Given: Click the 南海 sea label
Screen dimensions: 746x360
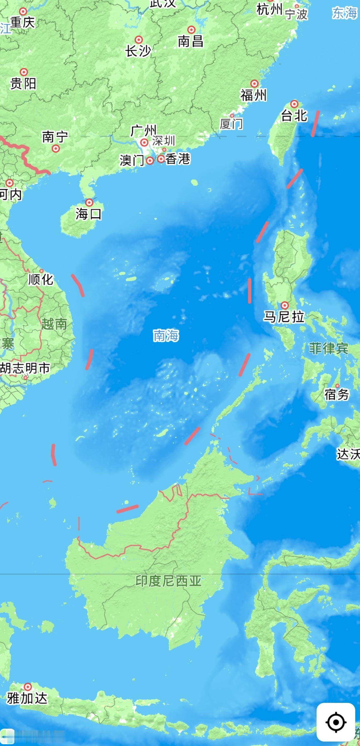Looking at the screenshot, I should click(166, 335).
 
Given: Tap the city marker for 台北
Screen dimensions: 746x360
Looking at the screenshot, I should click(294, 104).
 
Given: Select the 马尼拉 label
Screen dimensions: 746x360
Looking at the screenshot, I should click(284, 317).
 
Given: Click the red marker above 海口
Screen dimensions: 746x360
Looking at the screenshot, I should click(89, 202).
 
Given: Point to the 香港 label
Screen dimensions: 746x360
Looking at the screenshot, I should click(178, 159).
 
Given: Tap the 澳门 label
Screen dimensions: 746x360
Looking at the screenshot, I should click(132, 160).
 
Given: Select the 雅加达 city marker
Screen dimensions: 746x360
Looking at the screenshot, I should click(28, 687).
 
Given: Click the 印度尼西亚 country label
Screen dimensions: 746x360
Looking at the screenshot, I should click(168, 581).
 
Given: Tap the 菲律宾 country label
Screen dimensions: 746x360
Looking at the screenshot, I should click(328, 349).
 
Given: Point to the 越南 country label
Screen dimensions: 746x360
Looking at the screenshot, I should click(54, 324).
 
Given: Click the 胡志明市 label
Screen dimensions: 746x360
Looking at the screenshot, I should click(25, 368).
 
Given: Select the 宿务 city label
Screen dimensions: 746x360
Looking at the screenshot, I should click(337, 395).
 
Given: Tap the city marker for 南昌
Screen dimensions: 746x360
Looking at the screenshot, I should click(191, 30).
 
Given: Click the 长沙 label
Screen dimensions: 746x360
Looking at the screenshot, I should click(138, 51).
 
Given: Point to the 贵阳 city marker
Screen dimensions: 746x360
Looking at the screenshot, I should click(24, 72).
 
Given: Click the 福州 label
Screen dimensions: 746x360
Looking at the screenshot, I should click(254, 95).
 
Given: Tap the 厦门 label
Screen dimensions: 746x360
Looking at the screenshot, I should click(231, 124).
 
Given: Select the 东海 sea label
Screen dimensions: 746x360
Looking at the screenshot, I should click(345, 13).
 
